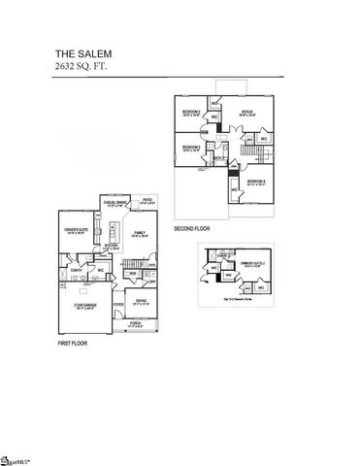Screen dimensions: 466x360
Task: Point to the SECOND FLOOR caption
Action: tap(191, 230)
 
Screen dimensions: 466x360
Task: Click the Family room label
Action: tap(140, 233)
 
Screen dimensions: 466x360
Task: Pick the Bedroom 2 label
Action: tap(191, 114)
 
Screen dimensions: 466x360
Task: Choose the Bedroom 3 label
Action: tap(191, 149)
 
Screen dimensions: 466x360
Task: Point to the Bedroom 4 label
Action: tap(255, 183)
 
